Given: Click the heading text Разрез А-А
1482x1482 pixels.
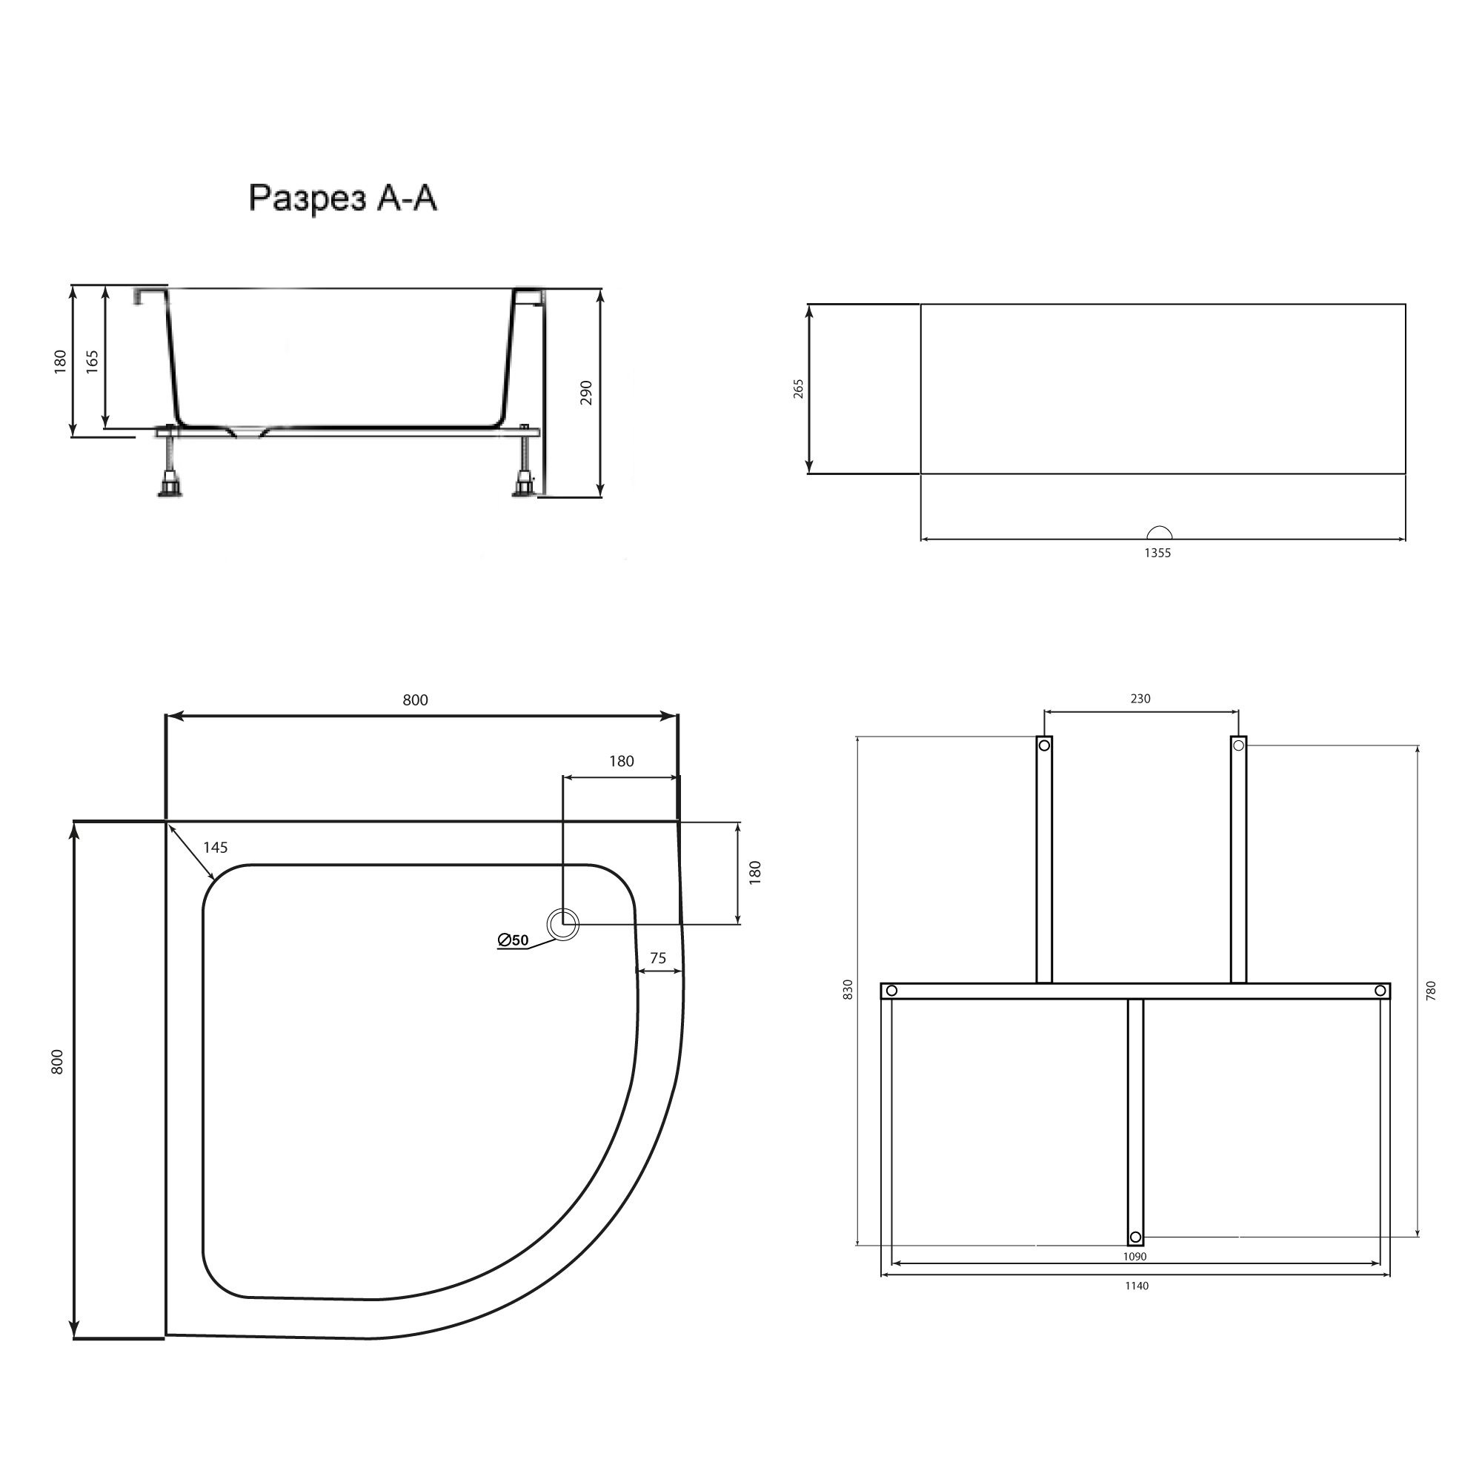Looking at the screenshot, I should coord(343,199).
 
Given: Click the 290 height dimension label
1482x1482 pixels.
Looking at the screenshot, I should coord(587,392).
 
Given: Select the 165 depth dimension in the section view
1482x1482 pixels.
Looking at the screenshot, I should coord(92,362).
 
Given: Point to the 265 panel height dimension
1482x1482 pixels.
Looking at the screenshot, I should coord(799,388).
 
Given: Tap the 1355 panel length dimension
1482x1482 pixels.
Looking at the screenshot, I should coord(1157,552).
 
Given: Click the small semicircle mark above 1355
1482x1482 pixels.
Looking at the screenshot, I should coord(1159,533).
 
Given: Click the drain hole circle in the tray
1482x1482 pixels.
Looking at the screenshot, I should coord(564,923).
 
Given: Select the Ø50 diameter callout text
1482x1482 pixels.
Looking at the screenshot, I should coord(514,940).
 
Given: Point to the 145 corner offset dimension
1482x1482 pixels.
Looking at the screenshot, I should coord(216,847).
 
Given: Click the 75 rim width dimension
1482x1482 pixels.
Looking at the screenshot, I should coord(657,958).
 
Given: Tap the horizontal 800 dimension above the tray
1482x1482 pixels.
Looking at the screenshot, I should coord(415,700).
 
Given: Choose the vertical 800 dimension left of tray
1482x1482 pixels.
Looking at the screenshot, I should coord(58,1061).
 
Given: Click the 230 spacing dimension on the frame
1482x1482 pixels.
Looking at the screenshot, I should coord(1140,698).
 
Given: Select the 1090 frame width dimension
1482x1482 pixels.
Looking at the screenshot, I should coord(1134,1257).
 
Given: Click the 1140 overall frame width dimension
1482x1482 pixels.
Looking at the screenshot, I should coord(1137,1286).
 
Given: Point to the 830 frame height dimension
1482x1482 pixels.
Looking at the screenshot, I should coord(848,988).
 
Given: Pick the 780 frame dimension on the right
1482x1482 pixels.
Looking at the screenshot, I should coord(1432,990).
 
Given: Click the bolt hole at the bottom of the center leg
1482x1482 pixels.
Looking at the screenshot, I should coord(1135,1237).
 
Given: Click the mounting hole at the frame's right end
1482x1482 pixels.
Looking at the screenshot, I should coord(1380,991).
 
